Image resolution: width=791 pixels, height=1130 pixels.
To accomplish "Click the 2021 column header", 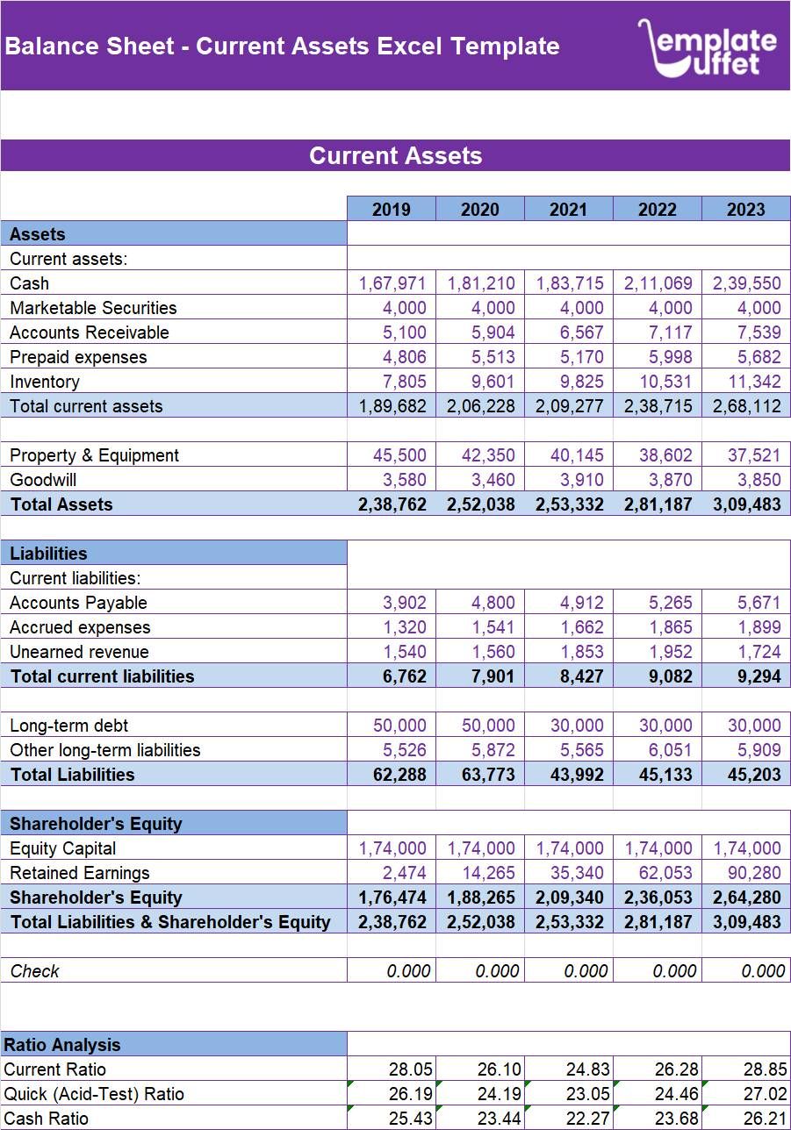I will click(569, 209).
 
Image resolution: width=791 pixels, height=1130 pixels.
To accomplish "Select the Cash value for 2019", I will click(392, 283).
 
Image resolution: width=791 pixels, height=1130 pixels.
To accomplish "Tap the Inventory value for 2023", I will click(746, 382).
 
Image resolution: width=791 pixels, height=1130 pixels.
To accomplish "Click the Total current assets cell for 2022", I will click(658, 406).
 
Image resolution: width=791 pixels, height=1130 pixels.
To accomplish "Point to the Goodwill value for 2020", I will click(480, 480).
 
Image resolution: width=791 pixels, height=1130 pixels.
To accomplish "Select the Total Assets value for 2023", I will click(746, 504).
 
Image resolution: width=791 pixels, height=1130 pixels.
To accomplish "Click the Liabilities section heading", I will click(49, 554).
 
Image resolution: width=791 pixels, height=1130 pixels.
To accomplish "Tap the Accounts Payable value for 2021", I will click(569, 603).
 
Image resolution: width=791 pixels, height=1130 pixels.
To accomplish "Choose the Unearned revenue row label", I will click(80, 652).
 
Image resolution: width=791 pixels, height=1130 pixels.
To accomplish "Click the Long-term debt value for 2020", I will click(480, 726).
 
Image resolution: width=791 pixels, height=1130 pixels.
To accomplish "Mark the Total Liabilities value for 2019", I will click(392, 775).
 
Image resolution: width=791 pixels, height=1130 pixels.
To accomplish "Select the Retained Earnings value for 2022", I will click(658, 873).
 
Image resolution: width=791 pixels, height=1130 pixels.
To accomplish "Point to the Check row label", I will click(35, 971).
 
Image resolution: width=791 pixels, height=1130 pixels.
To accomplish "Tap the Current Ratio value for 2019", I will click(392, 1069).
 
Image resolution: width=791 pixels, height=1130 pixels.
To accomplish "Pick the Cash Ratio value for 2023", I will click(746, 1119).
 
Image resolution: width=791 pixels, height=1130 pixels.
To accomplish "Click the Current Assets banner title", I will click(395, 156).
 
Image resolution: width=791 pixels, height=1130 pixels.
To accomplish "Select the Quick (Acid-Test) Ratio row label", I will click(94, 1094).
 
